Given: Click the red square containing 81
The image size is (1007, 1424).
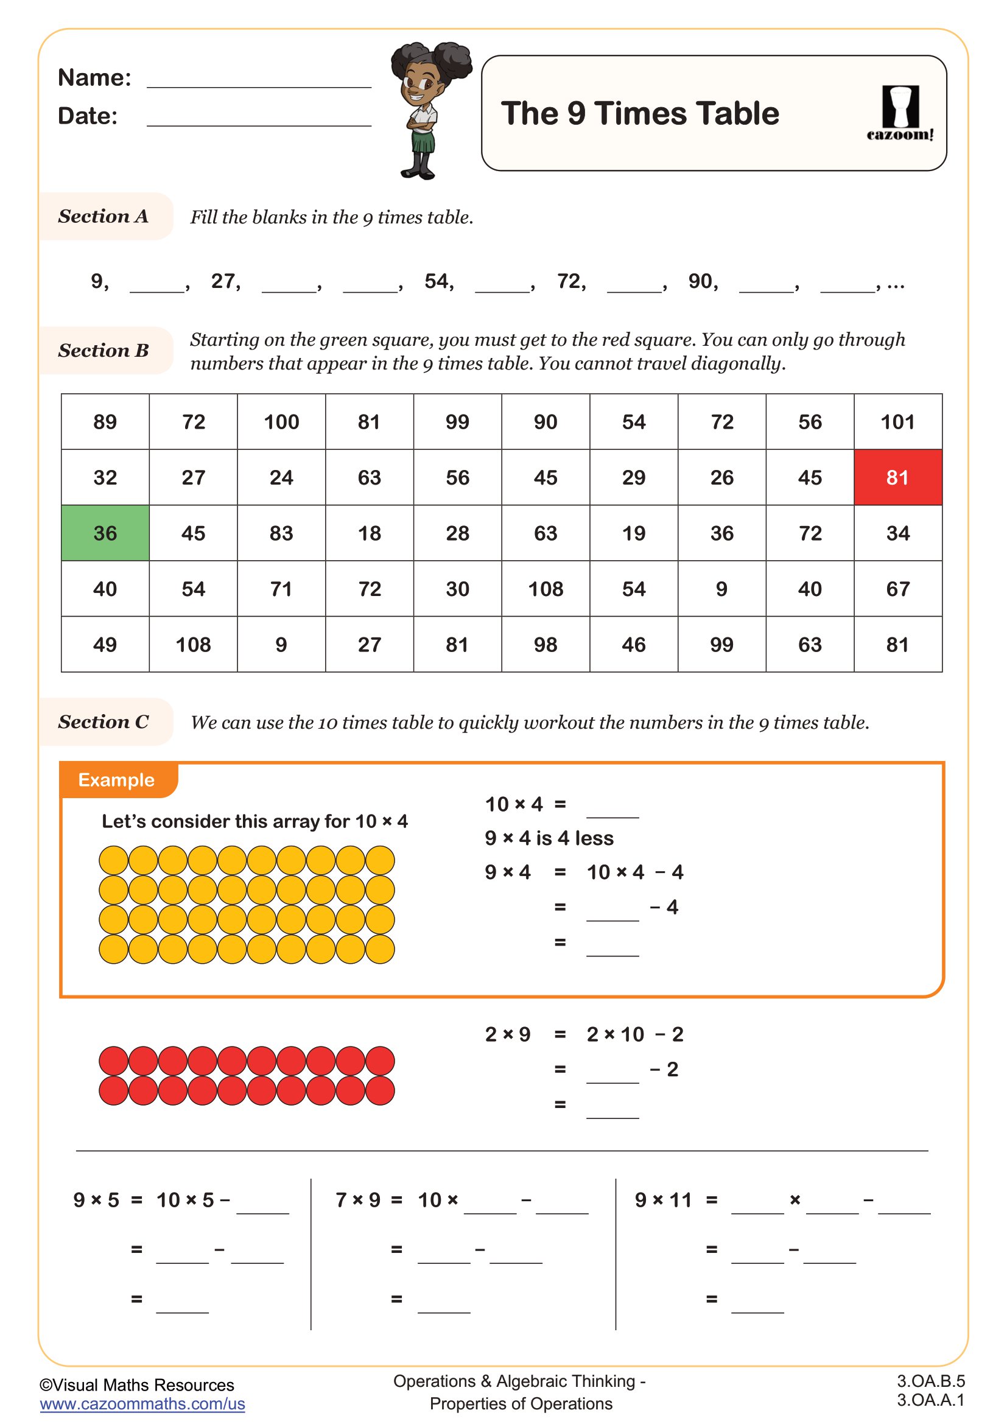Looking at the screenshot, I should point(897,477).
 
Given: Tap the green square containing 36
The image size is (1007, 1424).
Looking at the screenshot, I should point(105,533).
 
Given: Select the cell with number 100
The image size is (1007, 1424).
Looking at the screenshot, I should point(281,422).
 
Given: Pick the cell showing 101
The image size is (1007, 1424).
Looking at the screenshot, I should point(897,422).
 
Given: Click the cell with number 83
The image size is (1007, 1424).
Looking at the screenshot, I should point(281,533).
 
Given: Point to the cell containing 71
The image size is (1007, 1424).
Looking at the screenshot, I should point(281,589).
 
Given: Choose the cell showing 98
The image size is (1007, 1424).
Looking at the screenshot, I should point(545,644).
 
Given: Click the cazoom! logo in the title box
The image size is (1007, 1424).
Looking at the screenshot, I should point(900,113).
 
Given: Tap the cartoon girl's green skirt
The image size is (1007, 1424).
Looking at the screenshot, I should point(424,143).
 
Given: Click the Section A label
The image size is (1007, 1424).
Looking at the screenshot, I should point(104,216).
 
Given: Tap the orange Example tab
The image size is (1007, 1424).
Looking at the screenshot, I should point(116,780).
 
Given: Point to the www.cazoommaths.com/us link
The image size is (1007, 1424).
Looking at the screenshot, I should point(142,1403).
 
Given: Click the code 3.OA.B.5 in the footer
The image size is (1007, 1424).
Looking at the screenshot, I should point(930,1381).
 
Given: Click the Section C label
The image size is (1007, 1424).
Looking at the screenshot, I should point(104,721).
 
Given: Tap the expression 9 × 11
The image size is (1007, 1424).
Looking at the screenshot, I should point(662,1200).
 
